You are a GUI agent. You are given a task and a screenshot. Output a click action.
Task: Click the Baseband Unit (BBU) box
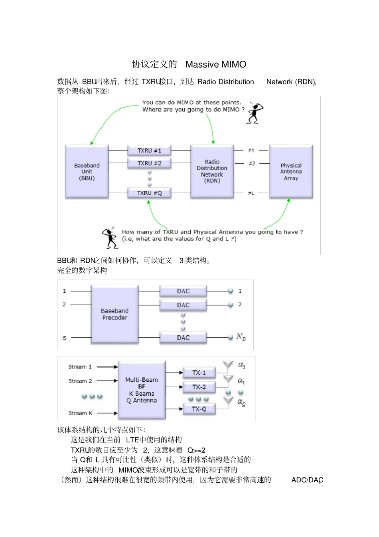[87, 172]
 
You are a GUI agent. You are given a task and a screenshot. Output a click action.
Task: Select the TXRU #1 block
[149, 151]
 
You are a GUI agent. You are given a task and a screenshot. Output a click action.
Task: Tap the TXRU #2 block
[149, 163]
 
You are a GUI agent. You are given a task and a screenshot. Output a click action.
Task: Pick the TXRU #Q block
[149, 193]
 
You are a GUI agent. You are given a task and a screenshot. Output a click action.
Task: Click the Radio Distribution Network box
[212, 171]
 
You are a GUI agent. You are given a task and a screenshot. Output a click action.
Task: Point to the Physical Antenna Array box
[291, 172]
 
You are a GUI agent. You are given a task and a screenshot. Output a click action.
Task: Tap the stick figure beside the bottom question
[109, 238]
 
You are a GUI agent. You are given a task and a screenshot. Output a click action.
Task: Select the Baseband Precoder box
[114, 314]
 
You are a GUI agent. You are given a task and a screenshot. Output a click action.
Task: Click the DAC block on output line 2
[183, 305]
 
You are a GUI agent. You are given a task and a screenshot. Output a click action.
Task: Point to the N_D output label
[241, 337]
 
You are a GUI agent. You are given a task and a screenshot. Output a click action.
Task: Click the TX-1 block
[199, 373]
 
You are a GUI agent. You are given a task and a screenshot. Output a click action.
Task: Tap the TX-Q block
[199, 409]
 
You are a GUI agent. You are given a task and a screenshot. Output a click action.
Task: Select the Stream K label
[80, 413]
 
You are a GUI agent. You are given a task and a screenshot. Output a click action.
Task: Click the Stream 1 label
[80, 367]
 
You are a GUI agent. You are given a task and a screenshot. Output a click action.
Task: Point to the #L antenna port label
[251, 193]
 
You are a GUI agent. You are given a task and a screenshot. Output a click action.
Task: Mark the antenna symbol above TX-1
[228, 365]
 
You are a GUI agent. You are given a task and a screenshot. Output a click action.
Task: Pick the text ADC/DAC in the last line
[307, 480]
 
